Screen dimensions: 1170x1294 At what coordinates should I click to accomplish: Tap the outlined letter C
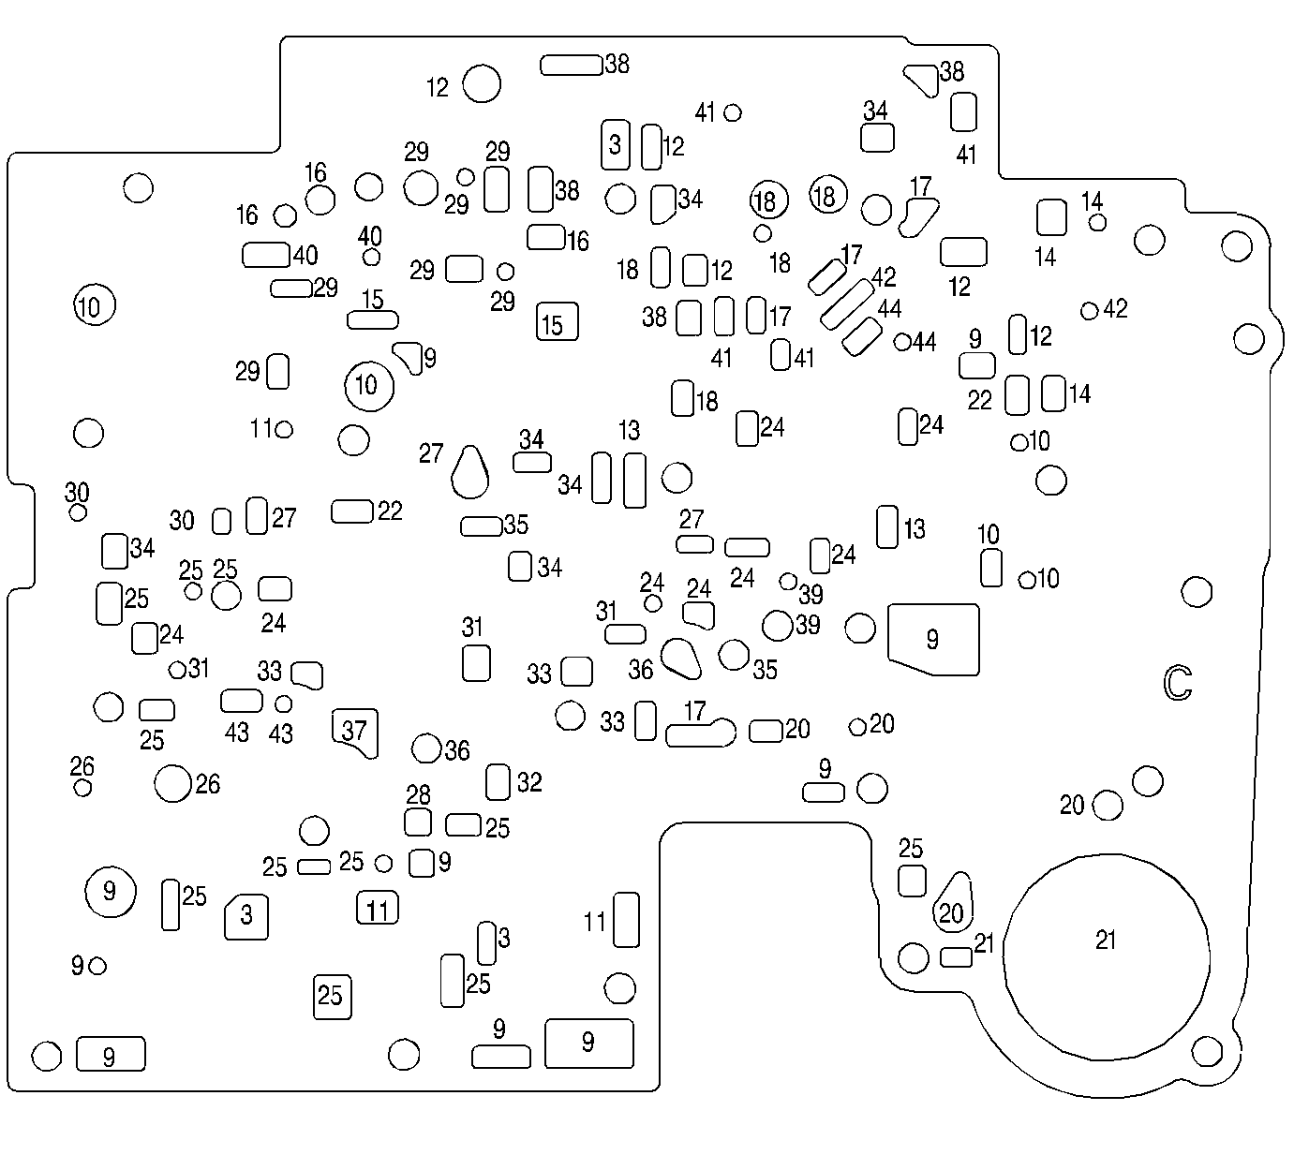(x=1178, y=683)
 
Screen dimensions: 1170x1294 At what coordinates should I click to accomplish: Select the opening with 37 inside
(x=355, y=731)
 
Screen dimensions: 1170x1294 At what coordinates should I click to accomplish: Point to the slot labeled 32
(x=498, y=782)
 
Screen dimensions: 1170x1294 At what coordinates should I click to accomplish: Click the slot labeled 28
(x=418, y=822)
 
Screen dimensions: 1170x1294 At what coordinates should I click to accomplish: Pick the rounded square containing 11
(x=378, y=909)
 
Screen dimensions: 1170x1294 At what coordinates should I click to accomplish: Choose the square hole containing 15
(x=557, y=322)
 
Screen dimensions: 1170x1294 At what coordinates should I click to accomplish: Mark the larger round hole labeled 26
(x=173, y=783)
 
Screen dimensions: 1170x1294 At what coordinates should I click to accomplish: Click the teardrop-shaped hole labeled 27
(x=470, y=471)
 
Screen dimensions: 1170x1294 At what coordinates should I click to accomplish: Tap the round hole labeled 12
(x=483, y=83)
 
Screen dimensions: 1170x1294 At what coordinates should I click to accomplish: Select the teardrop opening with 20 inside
(x=953, y=902)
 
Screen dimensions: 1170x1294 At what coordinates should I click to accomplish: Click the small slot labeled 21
(x=956, y=956)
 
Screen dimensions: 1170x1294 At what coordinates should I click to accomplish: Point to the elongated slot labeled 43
(x=242, y=701)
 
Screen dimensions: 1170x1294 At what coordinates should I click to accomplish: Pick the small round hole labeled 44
(x=902, y=342)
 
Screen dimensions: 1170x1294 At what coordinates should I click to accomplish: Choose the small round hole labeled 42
(x=1089, y=310)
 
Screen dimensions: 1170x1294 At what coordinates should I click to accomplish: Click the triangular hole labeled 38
(x=921, y=79)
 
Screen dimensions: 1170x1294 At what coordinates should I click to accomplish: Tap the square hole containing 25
(x=332, y=996)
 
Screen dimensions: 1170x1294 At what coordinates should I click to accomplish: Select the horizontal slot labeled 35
(x=481, y=526)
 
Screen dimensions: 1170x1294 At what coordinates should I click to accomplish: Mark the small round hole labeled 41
(x=733, y=112)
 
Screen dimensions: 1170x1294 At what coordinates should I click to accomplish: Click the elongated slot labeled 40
(x=266, y=254)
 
